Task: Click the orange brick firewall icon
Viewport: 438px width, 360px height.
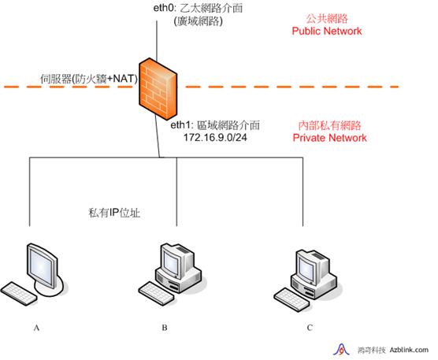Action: (x=158, y=89)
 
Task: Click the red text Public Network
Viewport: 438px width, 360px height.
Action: (x=327, y=31)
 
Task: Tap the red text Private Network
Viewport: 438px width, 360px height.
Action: (x=329, y=138)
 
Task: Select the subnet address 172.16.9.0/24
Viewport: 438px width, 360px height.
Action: (x=215, y=137)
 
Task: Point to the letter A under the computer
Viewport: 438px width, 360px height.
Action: (x=36, y=328)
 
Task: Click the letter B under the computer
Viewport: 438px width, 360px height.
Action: (x=165, y=328)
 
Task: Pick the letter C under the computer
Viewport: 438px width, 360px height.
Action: (x=310, y=328)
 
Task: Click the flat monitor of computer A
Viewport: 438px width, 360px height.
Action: (x=43, y=266)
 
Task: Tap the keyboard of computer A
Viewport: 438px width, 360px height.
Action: (x=19, y=294)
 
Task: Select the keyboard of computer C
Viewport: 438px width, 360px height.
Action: (x=291, y=300)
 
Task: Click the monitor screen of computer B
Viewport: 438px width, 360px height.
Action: (x=171, y=262)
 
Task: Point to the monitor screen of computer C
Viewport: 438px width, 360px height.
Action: (x=306, y=268)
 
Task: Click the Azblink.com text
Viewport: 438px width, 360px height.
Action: (x=409, y=350)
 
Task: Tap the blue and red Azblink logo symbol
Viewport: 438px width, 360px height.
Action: (x=341, y=350)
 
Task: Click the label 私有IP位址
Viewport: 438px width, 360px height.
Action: (x=114, y=213)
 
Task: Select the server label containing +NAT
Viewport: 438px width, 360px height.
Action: (x=89, y=79)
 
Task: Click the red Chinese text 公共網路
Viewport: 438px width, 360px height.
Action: (x=327, y=19)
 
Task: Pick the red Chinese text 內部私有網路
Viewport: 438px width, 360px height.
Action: (x=329, y=126)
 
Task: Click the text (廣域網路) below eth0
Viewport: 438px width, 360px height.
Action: (x=198, y=21)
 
